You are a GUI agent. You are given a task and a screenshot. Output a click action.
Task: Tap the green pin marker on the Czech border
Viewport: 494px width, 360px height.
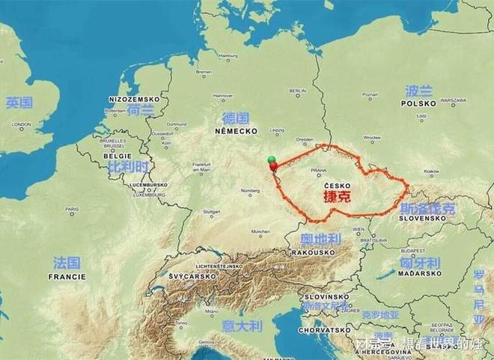(271, 159)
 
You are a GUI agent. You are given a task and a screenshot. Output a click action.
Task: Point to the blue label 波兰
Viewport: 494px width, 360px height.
(418, 91)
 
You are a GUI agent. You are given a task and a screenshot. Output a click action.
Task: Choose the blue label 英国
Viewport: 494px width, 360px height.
(19, 103)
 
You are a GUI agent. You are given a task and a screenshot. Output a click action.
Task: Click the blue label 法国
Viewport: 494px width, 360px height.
(67, 263)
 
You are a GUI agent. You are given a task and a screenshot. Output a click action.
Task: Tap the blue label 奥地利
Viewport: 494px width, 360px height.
(320, 240)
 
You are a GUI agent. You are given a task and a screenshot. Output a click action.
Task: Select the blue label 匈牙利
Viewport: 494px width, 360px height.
(419, 263)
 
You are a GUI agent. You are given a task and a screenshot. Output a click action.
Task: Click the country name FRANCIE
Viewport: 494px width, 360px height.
(67, 275)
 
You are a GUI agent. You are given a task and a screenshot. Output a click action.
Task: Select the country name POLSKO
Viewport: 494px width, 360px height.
(418, 104)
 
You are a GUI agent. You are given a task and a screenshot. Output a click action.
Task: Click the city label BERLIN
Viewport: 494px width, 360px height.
(297, 91)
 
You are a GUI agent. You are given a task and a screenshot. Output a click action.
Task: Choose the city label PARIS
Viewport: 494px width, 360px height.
(71, 209)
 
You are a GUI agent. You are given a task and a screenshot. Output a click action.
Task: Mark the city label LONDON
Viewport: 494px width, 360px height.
(21, 124)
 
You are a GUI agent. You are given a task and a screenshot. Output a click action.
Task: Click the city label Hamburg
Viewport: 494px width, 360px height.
(227, 56)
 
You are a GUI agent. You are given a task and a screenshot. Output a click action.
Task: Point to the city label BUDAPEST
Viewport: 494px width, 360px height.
(412, 250)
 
